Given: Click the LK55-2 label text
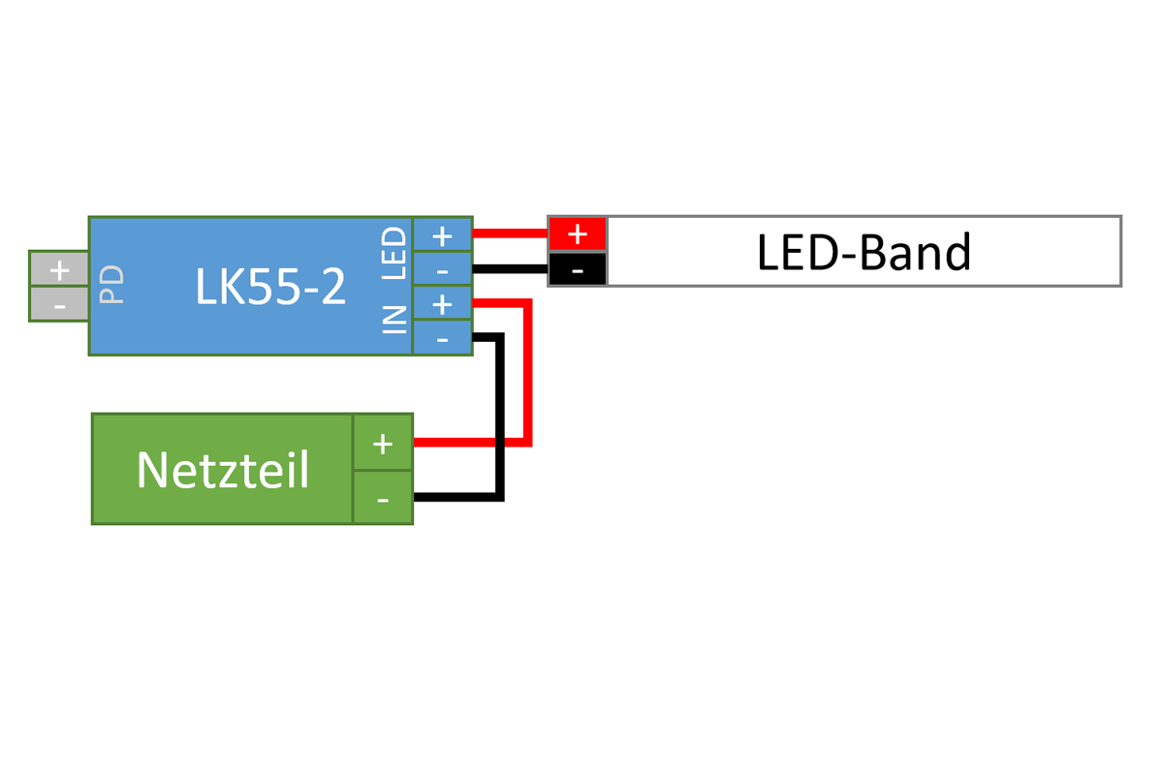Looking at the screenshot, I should click(270, 287).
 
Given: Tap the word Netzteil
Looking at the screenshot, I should click(223, 470).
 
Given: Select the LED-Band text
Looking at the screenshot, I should click(863, 252).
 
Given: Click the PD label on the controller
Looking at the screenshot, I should click(112, 287).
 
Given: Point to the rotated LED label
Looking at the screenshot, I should click(394, 253).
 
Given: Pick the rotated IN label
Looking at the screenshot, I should click(394, 319).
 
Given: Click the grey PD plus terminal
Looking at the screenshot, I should click(59, 269).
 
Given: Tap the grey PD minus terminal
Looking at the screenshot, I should click(59, 305).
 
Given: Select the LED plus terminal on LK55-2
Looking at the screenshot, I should click(442, 234).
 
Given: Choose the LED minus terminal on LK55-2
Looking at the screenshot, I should click(442, 268).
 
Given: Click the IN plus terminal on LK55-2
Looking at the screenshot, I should click(442, 304).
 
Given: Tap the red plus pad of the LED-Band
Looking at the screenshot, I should click(578, 233).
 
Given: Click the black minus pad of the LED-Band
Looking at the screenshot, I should click(578, 269).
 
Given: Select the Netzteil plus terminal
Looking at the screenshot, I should click(383, 444).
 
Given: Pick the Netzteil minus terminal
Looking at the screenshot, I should click(383, 498).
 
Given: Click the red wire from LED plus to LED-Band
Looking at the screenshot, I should click(511, 232).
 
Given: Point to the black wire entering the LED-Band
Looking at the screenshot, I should click(511, 267).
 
